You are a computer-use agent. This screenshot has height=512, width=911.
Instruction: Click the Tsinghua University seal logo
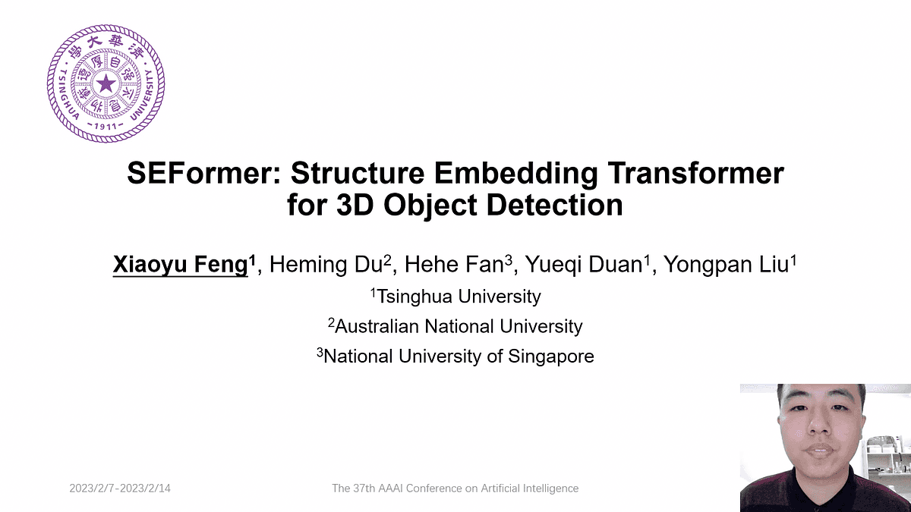(x=106, y=83)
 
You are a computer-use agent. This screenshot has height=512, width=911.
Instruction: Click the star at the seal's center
(x=106, y=83)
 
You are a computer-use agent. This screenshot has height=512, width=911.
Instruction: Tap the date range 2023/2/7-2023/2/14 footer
(x=120, y=488)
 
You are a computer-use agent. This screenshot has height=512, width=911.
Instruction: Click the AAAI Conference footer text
(x=455, y=488)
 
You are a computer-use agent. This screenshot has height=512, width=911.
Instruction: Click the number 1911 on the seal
(x=106, y=124)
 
